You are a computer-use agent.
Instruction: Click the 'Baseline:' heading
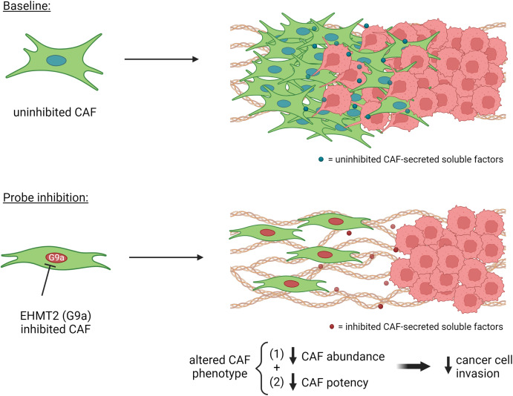coord(27,7)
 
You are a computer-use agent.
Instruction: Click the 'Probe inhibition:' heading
coord(45,198)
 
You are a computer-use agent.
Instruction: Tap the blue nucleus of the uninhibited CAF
coord(56,61)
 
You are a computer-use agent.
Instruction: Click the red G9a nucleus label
coord(56,258)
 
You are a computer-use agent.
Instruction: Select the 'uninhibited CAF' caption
coord(55,113)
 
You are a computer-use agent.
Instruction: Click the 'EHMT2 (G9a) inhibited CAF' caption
coord(55,322)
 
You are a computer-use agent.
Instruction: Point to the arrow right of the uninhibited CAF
coord(162,59)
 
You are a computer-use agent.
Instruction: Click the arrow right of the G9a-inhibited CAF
coord(166,257)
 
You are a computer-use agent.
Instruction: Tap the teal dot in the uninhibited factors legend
coord(321,159)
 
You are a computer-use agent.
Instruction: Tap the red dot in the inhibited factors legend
coord(332,327)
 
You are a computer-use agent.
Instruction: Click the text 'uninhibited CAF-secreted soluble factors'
coord(419,159)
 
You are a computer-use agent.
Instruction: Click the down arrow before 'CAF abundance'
coord(293,356)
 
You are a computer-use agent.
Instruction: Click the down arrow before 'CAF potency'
coord(293,382)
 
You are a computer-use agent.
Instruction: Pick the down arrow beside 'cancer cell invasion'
coord(448,366)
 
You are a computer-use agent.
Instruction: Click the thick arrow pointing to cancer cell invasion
coord(414,366)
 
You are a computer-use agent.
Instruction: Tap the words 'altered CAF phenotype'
coord(220,366)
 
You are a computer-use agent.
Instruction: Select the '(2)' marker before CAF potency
coord(276,382)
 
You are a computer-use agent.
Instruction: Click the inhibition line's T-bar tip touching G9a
coord(50,266)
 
